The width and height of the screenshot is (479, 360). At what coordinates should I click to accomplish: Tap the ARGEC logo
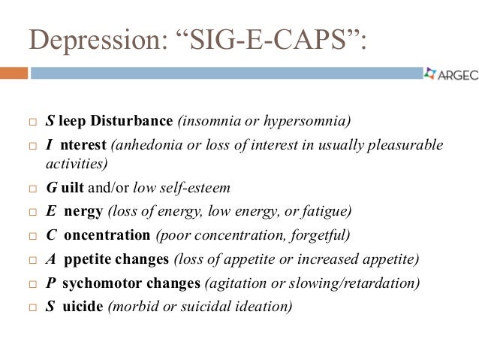pyautogui.click(x=450, y=74)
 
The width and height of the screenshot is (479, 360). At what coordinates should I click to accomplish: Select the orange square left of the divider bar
pyautogui.click(x=14, y=74)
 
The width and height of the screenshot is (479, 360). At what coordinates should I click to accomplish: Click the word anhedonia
pyautogui.click(x=147, y=144)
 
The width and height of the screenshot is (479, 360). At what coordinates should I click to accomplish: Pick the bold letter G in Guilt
pyautogui.click(x=50, y=188)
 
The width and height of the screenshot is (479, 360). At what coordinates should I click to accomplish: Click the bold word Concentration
pyautogui.click(x=107, y=235)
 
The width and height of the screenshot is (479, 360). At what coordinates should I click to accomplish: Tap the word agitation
pyautogui.click(x=235, y=283)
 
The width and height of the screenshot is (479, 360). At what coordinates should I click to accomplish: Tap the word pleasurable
pyautogui.click(x=407, y=144)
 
